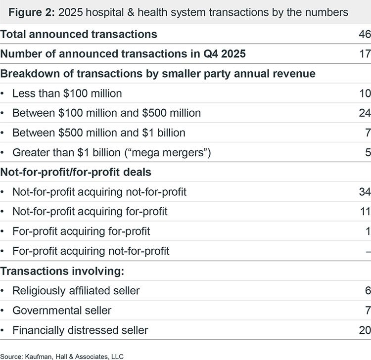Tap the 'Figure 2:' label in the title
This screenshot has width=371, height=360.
(x=31, y=12)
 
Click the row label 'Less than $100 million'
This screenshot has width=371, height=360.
(x=67, y=93)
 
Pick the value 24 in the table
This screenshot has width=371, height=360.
(x=365, y=113)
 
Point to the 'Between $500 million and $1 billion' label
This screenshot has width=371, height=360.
(x=99, y=133)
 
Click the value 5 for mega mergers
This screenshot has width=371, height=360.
(x=367, y=152)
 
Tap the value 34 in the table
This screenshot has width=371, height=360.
(x=365, y=192)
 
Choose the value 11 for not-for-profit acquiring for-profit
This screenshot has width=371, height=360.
(x=365, y=212)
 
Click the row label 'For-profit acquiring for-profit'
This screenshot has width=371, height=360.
(x=81, y=231)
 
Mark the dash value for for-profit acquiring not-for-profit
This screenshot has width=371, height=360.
(x=368, y=251)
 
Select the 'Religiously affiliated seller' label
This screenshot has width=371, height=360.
(x=76, y=291)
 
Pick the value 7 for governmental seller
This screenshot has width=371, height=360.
(x=367, y=311)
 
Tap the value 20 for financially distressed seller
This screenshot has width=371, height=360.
(x=365, y=330)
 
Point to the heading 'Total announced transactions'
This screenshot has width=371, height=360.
(x=79, y=34)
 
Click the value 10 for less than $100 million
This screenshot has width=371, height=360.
(x=365, y=93)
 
